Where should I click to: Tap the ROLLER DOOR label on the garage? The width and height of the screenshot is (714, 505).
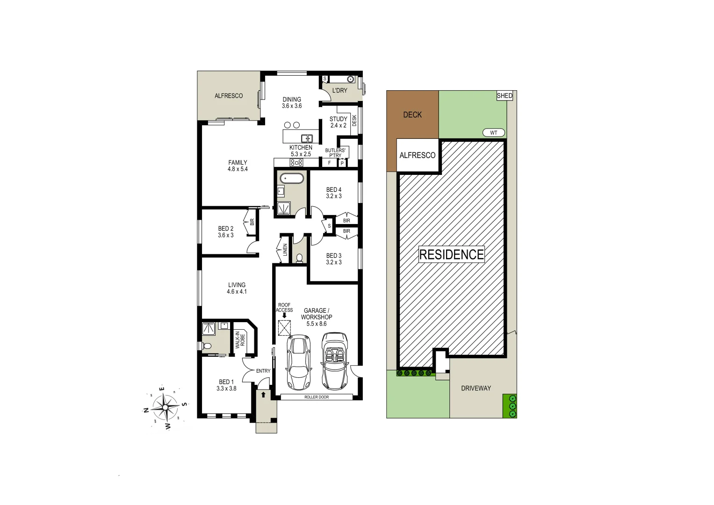(x=317, y=397)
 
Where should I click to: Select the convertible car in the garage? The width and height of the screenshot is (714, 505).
(x=334, y=361)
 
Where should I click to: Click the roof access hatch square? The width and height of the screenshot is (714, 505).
(x=284, y=328)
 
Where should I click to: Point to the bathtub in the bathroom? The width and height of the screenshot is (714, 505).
(x=291, y=179)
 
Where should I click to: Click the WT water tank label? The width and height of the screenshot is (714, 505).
(x=493, y=133)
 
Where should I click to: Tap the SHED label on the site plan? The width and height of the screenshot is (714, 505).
(x=505, y=96)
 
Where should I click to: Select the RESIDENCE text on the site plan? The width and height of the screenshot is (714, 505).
(x=451, y=255)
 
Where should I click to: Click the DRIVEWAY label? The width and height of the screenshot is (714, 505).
(x=476, y=388)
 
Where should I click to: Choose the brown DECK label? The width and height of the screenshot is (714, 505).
(x=412, y=115)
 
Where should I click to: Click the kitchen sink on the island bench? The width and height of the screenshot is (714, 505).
(x=307, y=138)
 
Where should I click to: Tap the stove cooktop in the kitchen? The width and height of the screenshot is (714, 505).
(x=297, y=163)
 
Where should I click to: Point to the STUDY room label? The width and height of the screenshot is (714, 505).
(x=338, y=119)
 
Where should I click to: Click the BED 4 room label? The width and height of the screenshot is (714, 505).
(x=334, y=190)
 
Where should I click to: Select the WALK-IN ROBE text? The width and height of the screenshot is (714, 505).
(x=240, y=340)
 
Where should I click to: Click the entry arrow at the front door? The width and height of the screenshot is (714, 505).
(x=263, y=395)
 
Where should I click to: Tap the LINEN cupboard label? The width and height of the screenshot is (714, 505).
(x=285, y=250)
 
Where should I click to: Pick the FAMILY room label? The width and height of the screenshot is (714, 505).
(x=238, y=163)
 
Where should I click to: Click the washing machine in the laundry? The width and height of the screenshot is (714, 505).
(x=350, y=79)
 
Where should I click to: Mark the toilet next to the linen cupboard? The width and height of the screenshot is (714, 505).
(x=300, y=258)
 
